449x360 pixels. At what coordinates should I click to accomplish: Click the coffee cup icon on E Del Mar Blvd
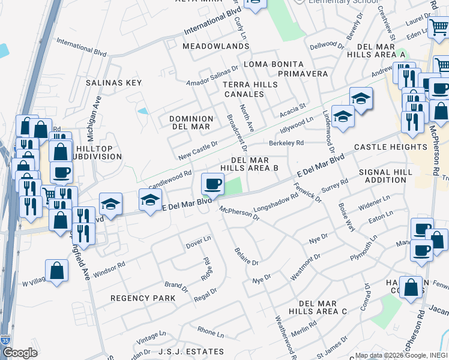211,184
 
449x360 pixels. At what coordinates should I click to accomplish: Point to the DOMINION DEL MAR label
191,123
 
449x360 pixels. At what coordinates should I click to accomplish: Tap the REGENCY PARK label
143,298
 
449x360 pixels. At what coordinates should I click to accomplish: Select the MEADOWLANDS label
206,46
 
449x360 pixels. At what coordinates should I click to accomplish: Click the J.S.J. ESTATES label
191,352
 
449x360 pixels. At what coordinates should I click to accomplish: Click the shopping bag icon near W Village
56,271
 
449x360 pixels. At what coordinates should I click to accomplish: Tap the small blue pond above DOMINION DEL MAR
143,110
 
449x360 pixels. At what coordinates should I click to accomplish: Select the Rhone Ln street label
210,332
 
